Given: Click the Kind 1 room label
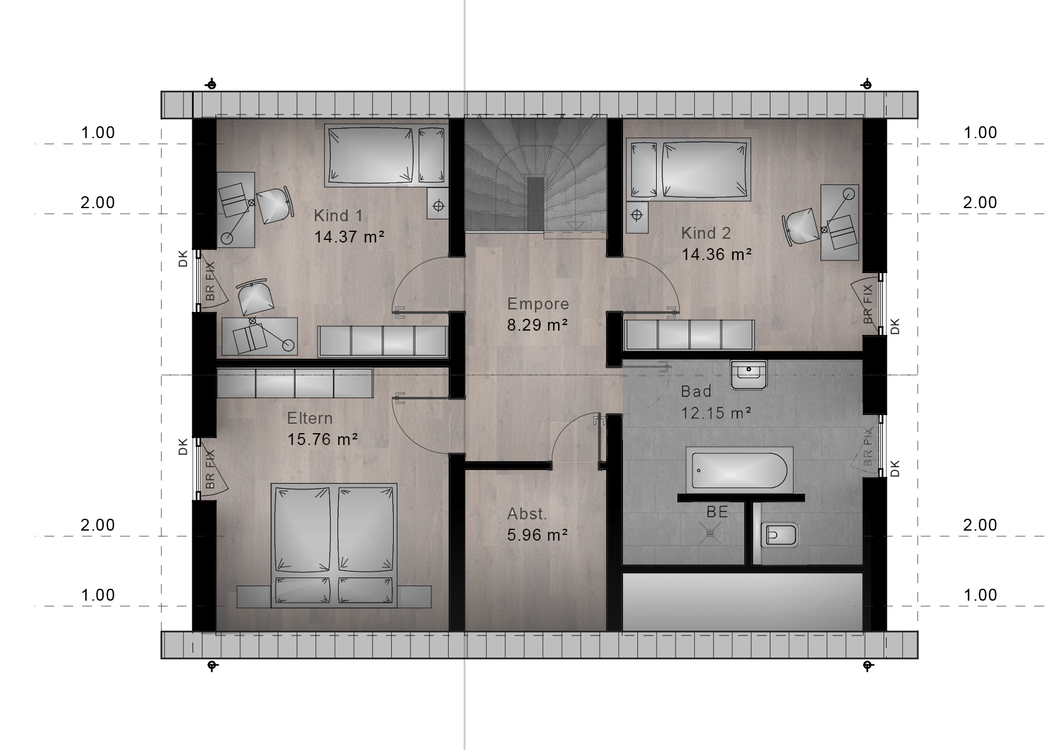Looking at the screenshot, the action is pyautogui.click(x=338, y=216).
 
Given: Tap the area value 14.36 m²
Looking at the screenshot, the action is pyautogui.click(x=716, y=254).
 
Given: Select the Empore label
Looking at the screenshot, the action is pyautogui.click(x=538, y=304).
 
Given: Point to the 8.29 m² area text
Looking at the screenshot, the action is pyautogui.click(x=537, y=325).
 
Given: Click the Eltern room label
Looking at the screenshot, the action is pyautogui.click(x=310, y=418).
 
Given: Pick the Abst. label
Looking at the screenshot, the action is pyautogui.click(x=527, y=514).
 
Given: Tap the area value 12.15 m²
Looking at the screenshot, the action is pyautogui.click(x=715, y=413).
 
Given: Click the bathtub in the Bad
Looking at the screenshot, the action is pyautogui.click(x=739, y=471).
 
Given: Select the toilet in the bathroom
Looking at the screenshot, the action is pyautogui.click(x=779, y=535).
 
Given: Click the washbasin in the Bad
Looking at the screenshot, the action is pyautogui.click(x=748, y=375).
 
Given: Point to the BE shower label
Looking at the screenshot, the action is pyautogui.click(x=717, y=511).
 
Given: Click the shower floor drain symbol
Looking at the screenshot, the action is pyautogui.click(x=710, y=532).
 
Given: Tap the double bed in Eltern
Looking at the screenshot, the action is pyautogui.click(x=334, y=545).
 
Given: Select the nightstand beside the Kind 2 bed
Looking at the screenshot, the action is pyautogui.click(x=637, y=217).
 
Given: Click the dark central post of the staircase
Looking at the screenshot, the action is pyautogui.click(x=535, y=204).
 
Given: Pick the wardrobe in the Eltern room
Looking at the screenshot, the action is pyautogui.click(x=295, y=383).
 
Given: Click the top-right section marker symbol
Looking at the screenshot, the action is pyautogui.click(x=866, y=85).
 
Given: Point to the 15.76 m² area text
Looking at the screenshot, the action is pyautogui.click(x=322, y=439).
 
